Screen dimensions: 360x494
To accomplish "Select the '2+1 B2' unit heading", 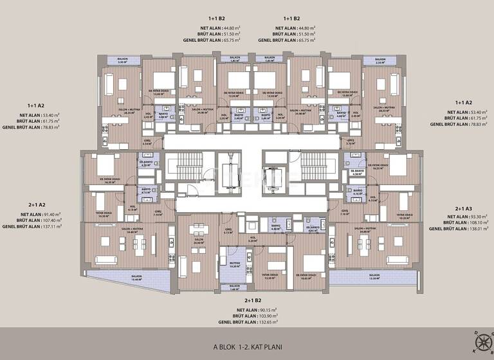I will click(x=253, y=300).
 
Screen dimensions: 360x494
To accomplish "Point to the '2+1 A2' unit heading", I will click(x=32, y=204).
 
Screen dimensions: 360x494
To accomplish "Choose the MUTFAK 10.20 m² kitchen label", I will click(x=225, y=264).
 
